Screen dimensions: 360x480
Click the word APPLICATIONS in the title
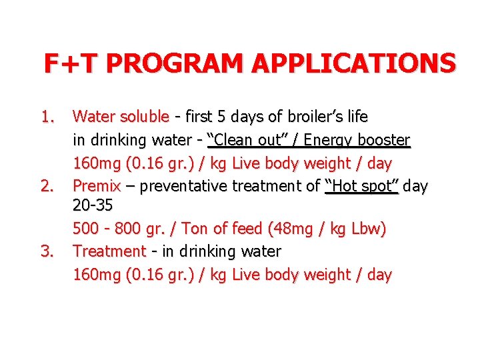pos(354,63)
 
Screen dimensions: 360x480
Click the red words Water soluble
pos(121,117)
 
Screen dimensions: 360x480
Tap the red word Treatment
pos(109,251)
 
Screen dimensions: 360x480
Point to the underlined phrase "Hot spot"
pos(361,185)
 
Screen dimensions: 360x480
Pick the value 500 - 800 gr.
pos(113,229)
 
